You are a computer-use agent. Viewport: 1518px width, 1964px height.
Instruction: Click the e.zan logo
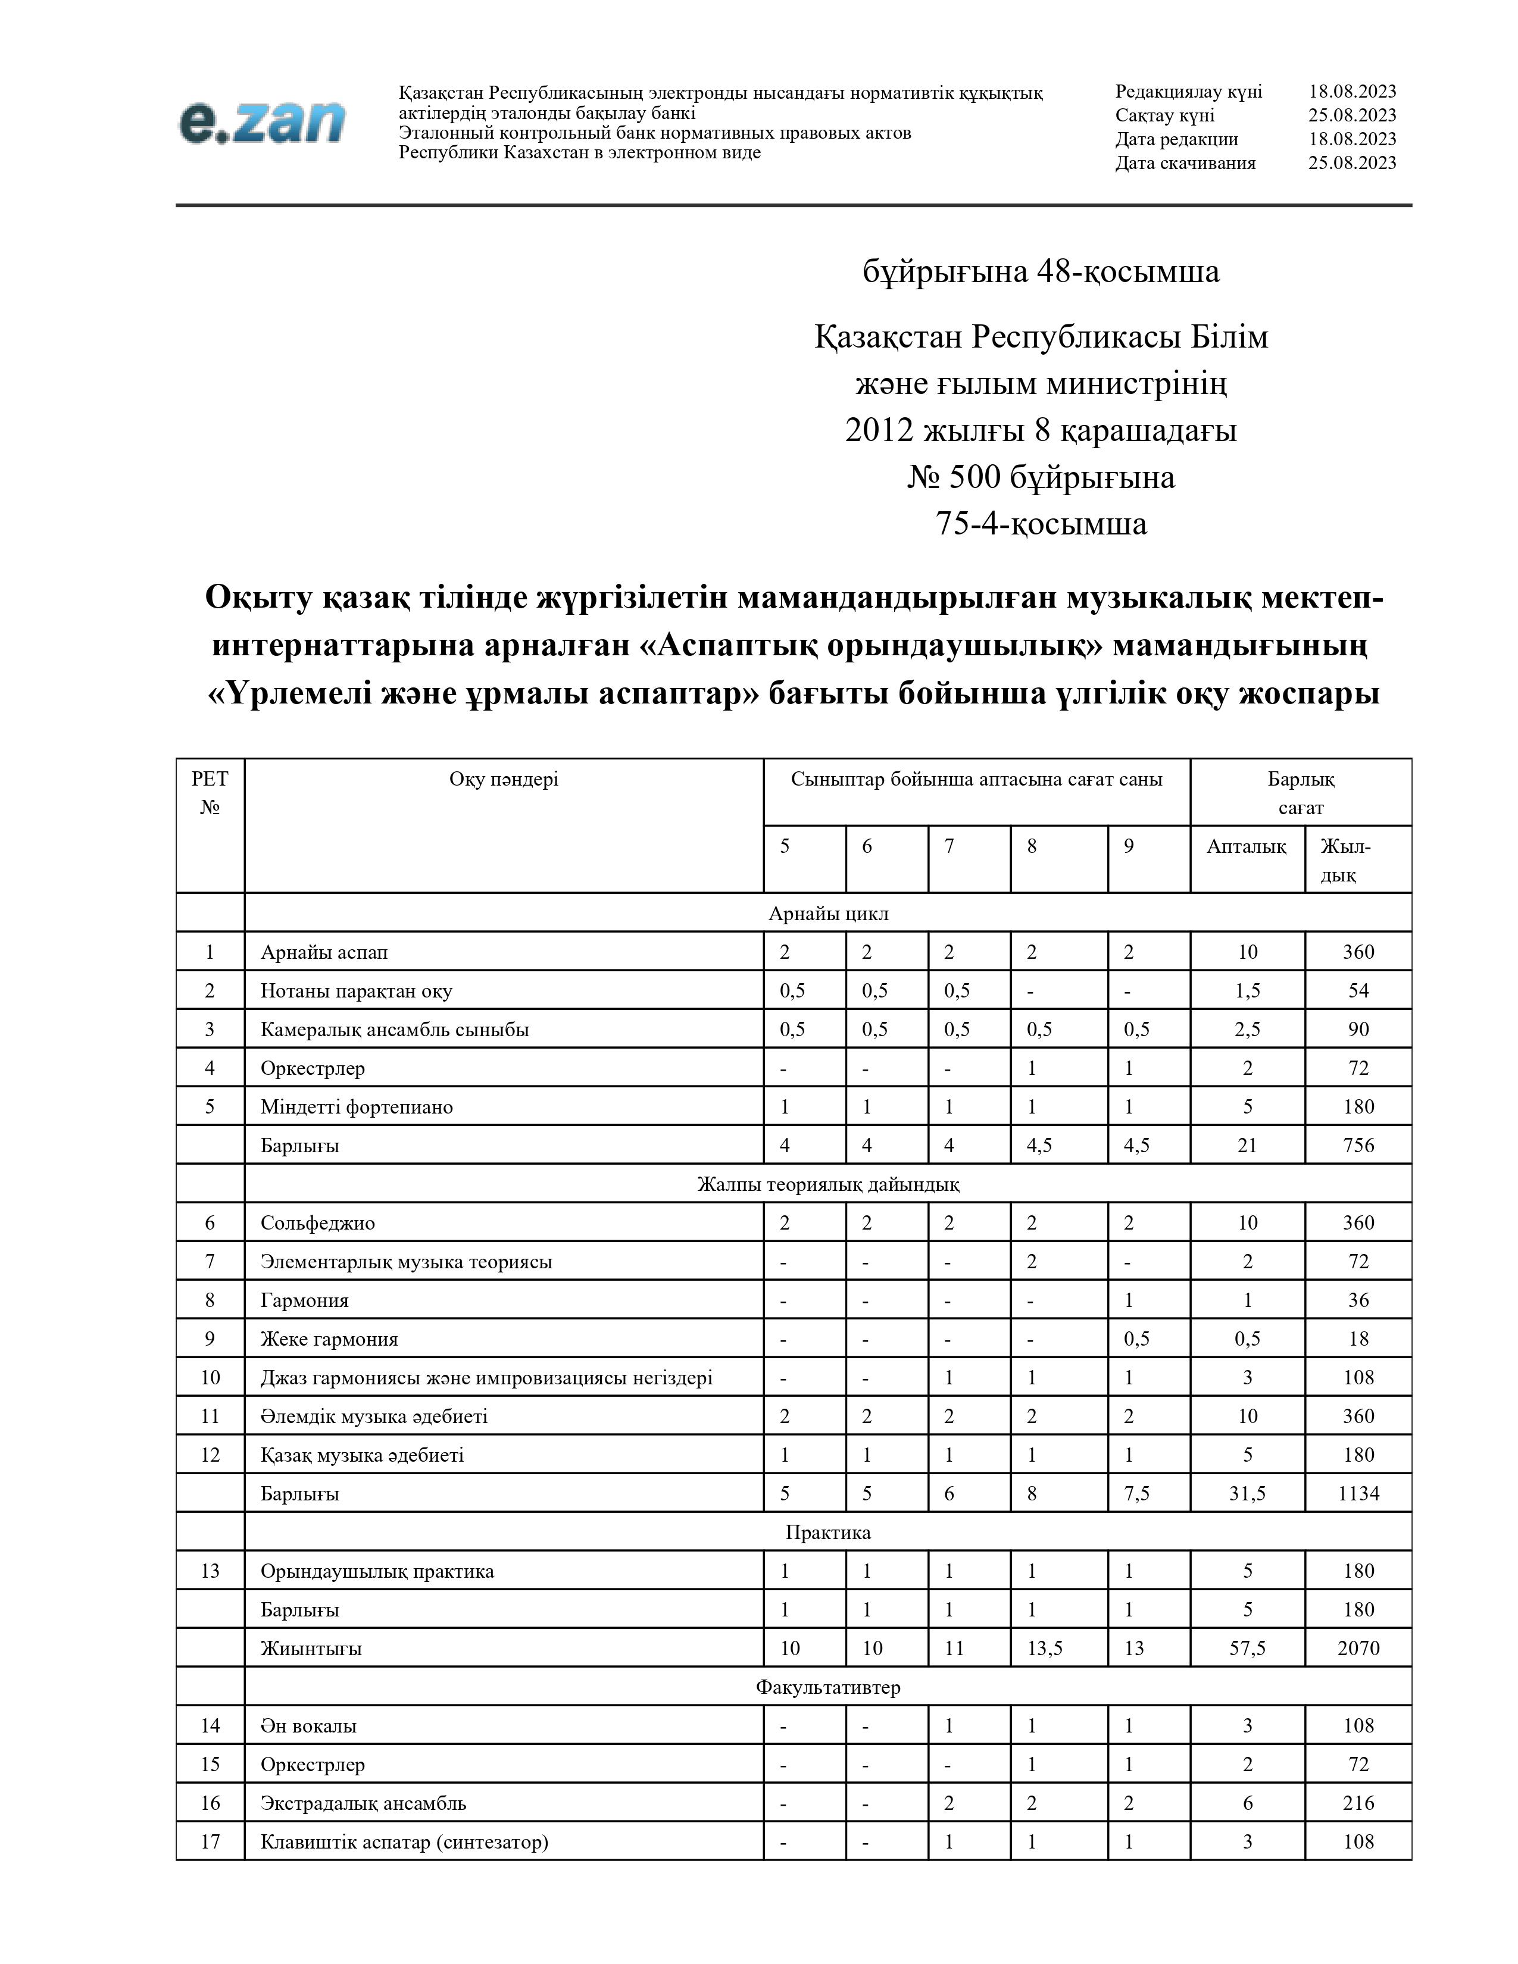pos(262,122)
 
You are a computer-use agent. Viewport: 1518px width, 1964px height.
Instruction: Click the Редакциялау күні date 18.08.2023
pos(1352,92)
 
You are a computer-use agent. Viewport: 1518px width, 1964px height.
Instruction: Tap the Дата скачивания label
pos(1185,162)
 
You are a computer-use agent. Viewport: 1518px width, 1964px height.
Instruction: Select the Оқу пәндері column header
pos(504,780)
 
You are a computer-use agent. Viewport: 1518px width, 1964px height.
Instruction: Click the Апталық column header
pos(1247,846)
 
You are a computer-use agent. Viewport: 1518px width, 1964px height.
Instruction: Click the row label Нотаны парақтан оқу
pos(356,991)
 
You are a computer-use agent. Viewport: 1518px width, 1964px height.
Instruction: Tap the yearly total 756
pos(1358,1146)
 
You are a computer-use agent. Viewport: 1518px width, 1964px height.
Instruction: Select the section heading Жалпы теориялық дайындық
pos(827,1184)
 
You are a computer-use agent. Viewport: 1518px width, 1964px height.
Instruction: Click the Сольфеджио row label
pos(317,1223)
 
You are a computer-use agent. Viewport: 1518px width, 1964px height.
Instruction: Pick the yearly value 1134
pos(1358,1494)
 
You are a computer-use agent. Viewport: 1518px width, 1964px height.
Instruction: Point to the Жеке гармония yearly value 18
pos(1358,1339)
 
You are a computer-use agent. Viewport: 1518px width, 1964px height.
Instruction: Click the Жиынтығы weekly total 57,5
pos(1247,1649)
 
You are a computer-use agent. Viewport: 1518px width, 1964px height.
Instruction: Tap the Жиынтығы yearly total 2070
pos(1358,1649)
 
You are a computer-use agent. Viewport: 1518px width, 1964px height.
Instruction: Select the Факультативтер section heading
pos(827,1687)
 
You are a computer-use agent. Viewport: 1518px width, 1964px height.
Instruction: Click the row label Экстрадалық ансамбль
pos(363,1803)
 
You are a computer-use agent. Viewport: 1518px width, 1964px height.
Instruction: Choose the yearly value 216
pos(1358,1803)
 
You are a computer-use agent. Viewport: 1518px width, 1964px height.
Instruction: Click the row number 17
pos(210,1842)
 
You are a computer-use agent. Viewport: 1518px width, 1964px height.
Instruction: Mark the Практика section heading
pos(827,1533)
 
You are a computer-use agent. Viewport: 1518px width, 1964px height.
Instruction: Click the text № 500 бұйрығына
pos(1041,477)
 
